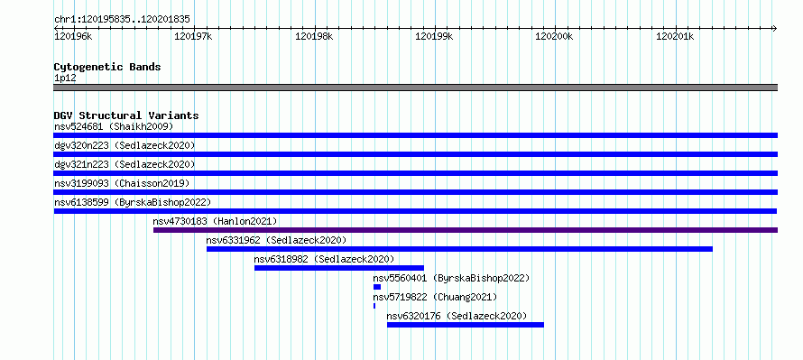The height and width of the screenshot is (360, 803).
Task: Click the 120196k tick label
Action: tap(73, 37)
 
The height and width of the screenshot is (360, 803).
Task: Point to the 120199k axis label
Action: tap(434, 37)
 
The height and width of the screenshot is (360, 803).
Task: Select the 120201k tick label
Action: tap(675, 37)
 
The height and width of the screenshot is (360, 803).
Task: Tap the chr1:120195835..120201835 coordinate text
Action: tap(122, 20)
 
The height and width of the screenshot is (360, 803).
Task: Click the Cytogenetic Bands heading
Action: tap(107, 67)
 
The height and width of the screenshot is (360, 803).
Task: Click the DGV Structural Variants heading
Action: tap(126, 115)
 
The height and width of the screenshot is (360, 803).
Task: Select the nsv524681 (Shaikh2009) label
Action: tap(114, 126)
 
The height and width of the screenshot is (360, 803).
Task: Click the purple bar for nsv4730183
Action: tap(466, 230)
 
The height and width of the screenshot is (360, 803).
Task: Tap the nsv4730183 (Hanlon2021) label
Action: tap(215, 221)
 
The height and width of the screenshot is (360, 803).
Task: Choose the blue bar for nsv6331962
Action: tap(459, 249)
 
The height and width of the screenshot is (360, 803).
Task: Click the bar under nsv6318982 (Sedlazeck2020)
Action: tap(339, 268)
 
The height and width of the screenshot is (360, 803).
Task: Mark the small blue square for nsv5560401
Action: tap(377, 287)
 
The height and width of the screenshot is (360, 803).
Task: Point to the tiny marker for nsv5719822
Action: tap(374, 306)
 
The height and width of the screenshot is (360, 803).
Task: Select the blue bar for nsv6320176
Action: tap(466, 325)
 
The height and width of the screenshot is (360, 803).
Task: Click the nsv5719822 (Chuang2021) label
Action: tap(435, 297)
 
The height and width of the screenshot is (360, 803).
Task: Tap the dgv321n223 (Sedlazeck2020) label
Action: tap(125, 164)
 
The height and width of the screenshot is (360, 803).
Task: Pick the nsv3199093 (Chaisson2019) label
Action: tap(122, 183)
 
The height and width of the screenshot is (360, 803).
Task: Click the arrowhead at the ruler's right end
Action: tap(775, 28)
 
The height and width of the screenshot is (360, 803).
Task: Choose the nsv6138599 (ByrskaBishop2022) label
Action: tap(133, 202)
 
